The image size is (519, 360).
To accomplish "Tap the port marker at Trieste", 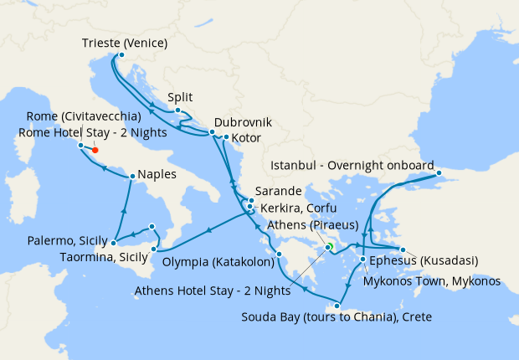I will click(120, 56).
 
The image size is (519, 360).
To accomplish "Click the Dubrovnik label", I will click(243, 121).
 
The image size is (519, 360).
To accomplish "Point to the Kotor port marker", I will click(226, 136).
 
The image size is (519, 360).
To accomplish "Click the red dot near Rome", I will click(95, 152).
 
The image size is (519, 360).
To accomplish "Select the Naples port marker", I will click(132, 177).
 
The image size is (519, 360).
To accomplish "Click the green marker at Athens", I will click(329, 246).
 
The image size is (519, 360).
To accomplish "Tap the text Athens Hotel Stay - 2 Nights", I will click(213, 292).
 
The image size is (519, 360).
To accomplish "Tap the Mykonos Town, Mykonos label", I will click(432, 281).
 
